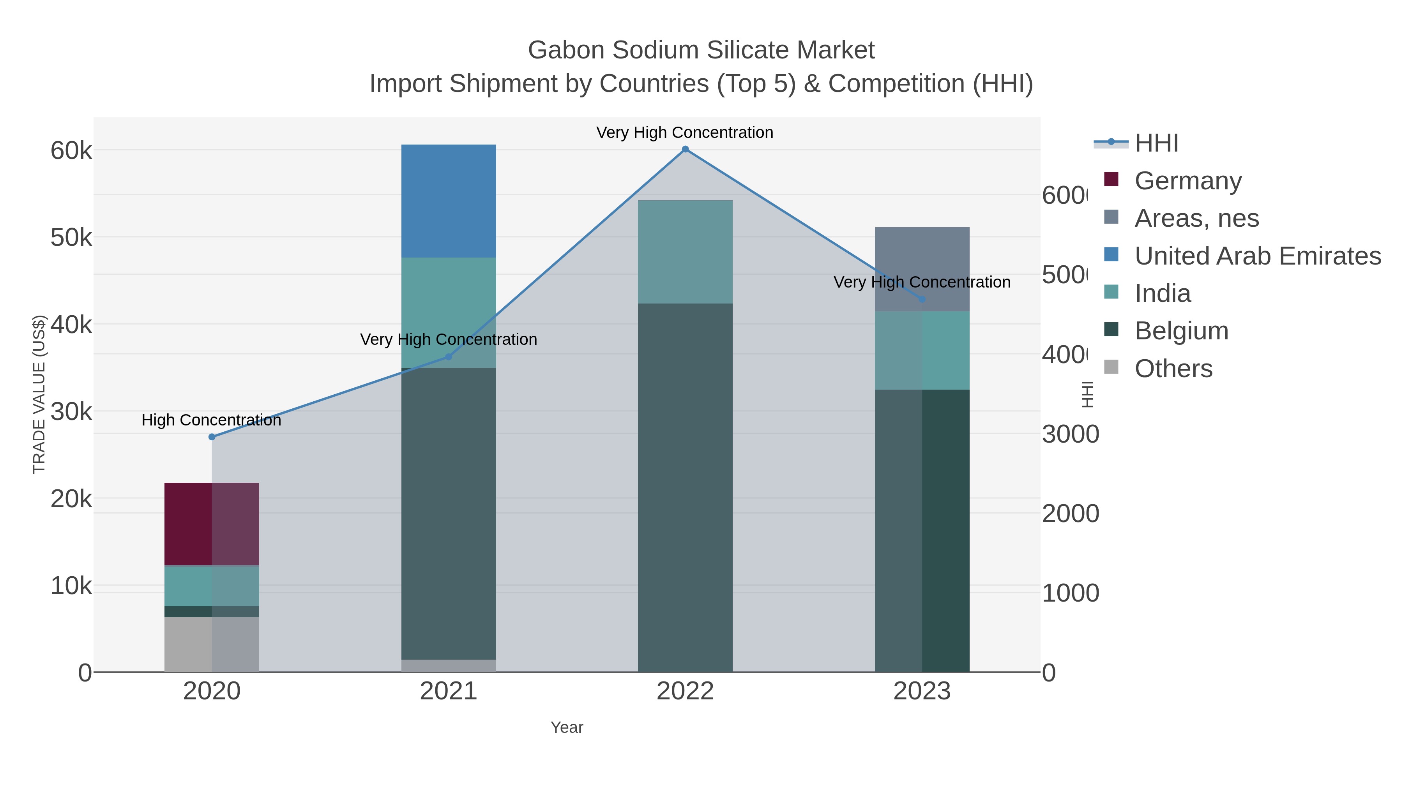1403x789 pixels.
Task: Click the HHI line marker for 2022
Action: pyautogui.click(x=685, y=149)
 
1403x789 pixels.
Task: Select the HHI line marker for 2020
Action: pyautogui.click(x=212, y=437)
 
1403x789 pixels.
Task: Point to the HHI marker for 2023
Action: pyautogui.click(x=922, y=299)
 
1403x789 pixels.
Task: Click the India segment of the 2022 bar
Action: pyautogui.click(x=685, y=252)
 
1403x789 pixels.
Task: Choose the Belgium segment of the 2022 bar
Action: pyautogui.click(x=685, y=487)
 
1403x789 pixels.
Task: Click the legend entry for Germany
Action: pyautogui.click(x=1187, y=180)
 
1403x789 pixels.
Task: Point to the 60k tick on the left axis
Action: pyautogui.click(x=71, y=150)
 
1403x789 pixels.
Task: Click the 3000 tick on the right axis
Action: pyautogui.click(x=1070, y=434)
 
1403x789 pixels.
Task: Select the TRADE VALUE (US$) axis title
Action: pyautogui.click(x=39, y=394)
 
